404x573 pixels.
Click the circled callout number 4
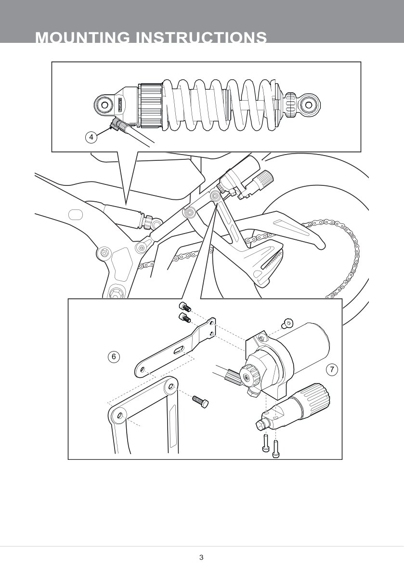pos(91,137)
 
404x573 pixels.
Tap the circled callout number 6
pos(114,356)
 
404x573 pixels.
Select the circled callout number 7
pos(332,369)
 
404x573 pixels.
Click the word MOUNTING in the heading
pos(82,38)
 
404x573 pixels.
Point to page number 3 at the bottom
pos(201,558)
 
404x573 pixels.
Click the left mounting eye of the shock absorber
pos(105,105)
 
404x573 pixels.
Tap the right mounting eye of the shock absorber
pos(309,105)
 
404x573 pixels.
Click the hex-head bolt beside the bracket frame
pos(200,402)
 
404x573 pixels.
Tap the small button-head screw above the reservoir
pos(287,323)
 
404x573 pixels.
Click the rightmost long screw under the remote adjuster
pos(276,448)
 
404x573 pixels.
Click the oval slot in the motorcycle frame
pos(76,214)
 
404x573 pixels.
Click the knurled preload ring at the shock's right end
pos(291,105)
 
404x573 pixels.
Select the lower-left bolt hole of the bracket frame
pos(121,416)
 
